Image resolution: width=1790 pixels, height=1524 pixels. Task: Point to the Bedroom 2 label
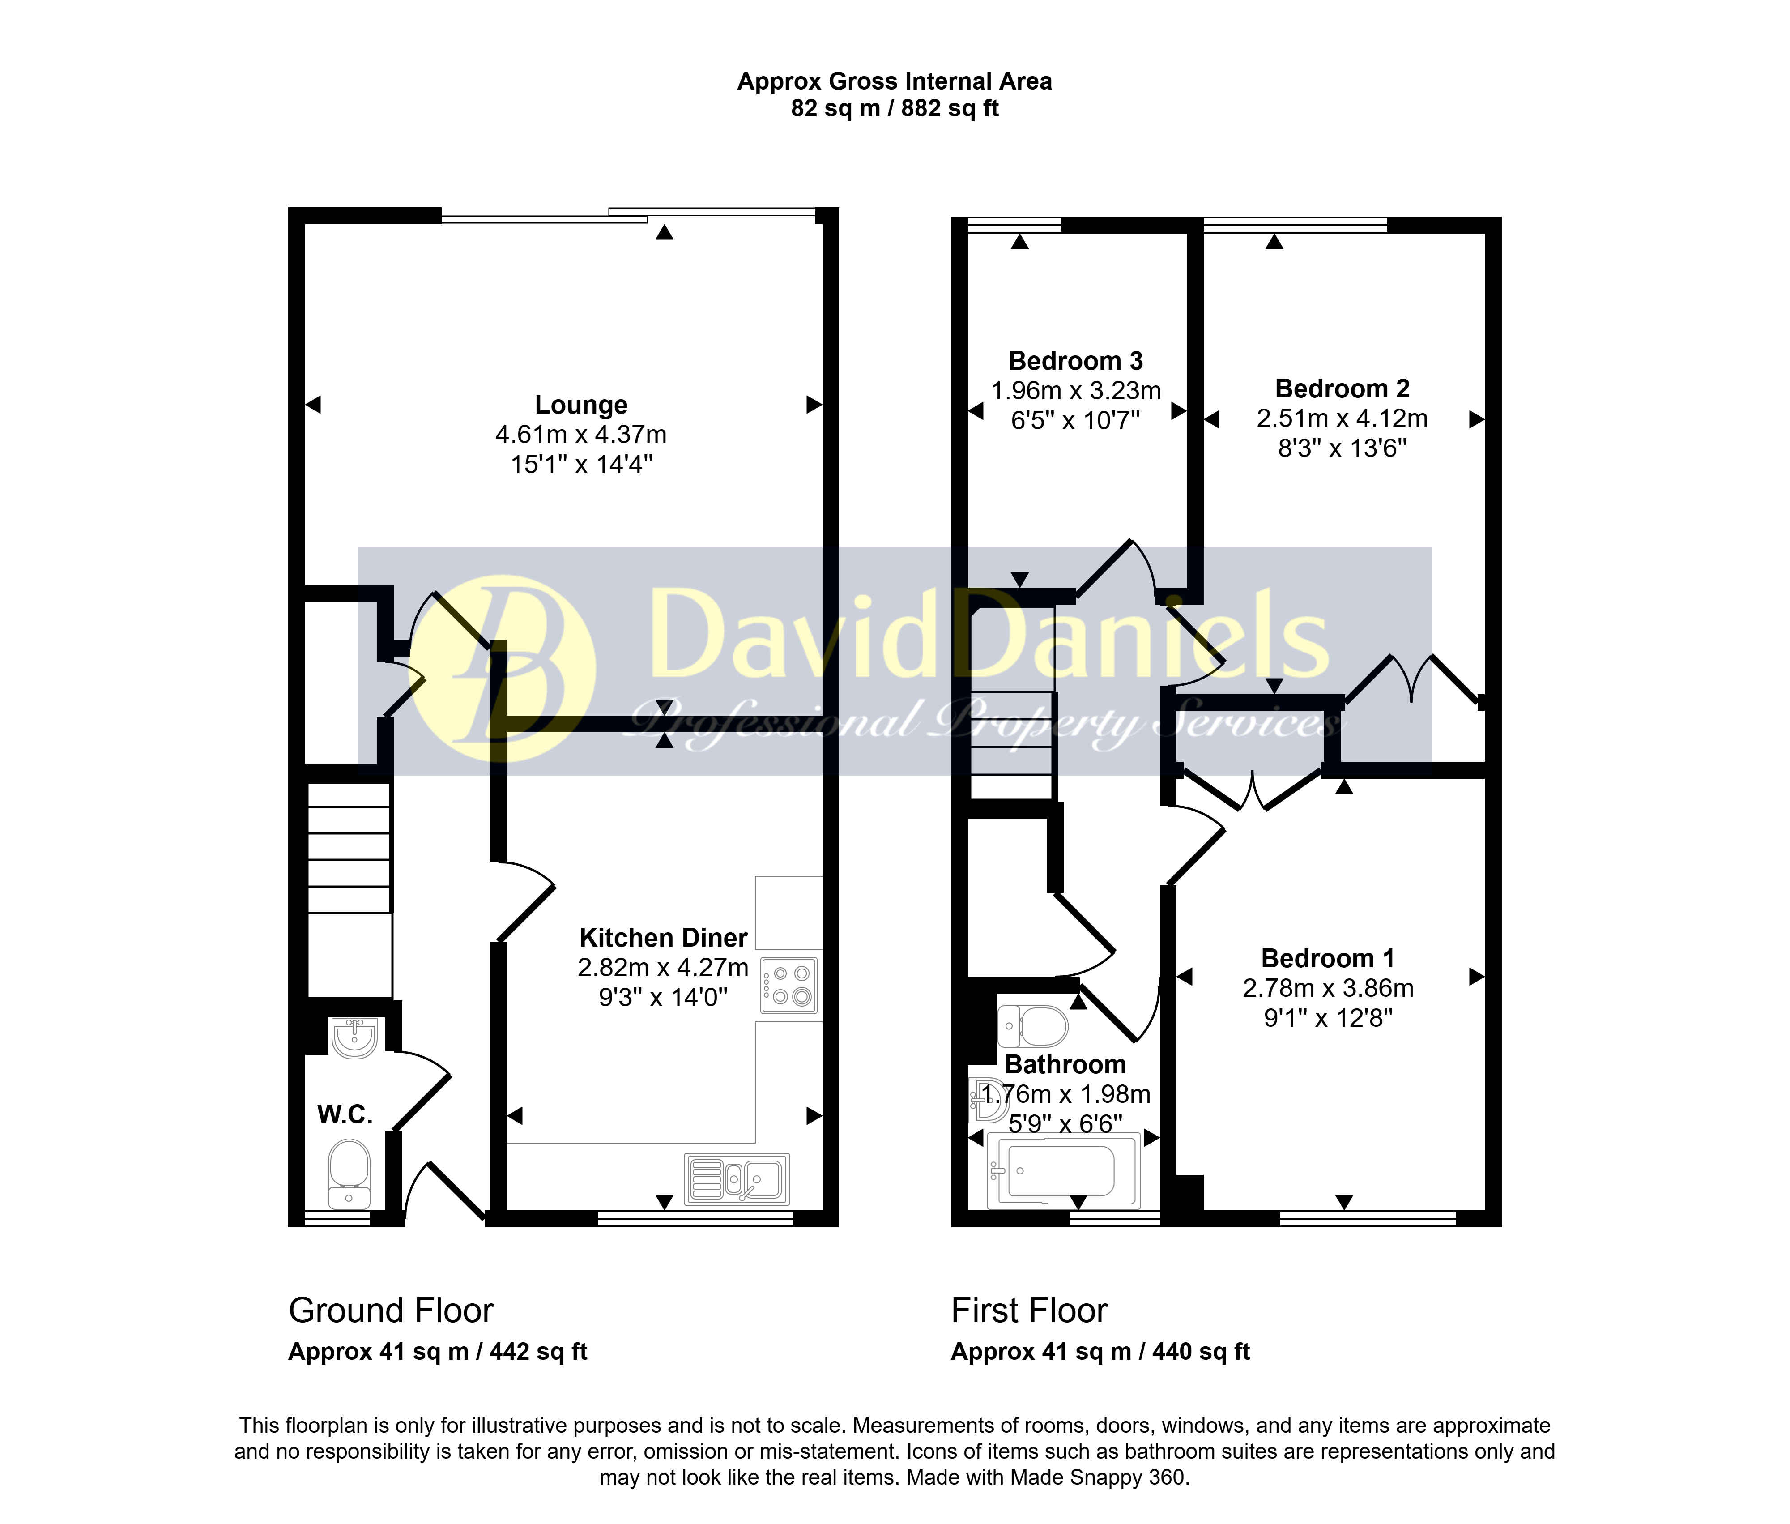pos(1342,389)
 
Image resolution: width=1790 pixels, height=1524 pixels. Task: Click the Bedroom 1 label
pos(1328,958)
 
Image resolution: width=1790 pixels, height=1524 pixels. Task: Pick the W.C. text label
pos(345,1114)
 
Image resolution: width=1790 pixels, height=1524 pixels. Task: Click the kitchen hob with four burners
pos(789,985)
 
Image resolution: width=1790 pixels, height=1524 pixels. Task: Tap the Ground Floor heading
pos(391,1311)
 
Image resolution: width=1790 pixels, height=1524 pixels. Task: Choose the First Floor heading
pos(1029,1311)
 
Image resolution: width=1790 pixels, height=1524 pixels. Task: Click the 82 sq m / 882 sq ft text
pos(895,109)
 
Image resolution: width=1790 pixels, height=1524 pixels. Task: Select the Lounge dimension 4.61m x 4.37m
pos(580,435)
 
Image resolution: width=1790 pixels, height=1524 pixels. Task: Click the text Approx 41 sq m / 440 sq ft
pos(1100,1352)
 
